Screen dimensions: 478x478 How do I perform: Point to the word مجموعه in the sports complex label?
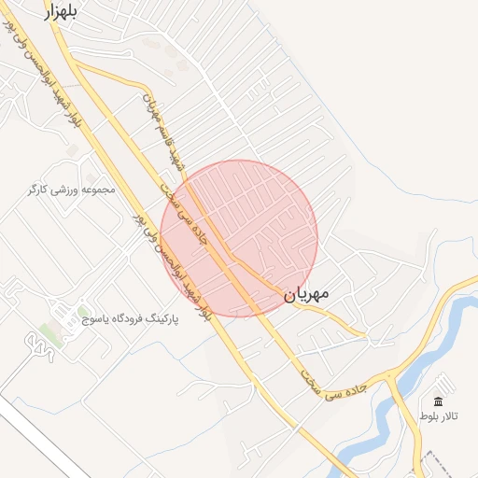97,190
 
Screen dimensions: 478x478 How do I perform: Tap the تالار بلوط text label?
439,414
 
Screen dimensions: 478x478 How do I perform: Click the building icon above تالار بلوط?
438,401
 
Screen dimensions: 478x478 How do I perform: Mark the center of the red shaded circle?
239,238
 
